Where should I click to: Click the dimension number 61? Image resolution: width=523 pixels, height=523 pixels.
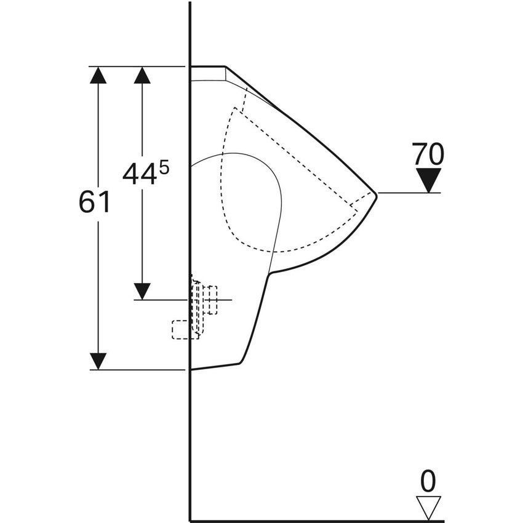(94, 202)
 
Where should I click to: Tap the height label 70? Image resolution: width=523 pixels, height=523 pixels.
(428, 154)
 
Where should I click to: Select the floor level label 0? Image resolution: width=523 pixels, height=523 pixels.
(428, 481)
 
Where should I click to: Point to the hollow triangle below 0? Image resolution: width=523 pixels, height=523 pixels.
(429, 508)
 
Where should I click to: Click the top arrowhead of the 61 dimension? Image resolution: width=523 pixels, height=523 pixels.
(98, 75)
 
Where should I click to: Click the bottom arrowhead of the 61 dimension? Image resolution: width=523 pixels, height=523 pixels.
(98, 361)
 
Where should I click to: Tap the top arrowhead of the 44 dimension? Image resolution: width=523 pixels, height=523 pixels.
(142, 75)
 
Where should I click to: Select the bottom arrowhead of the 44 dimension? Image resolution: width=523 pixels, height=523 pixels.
(142, 291)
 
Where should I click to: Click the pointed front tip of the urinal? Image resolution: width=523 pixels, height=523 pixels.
(377, 195)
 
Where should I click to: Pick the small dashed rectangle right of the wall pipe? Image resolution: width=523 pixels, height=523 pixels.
(212, 300)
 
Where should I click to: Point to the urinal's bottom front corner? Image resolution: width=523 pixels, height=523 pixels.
(240, 363)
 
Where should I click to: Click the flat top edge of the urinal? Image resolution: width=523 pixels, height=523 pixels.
(208, 66)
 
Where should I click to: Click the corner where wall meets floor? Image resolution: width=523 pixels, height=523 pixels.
(190, 521)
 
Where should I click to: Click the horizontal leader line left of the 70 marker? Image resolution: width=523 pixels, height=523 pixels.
(409, 193)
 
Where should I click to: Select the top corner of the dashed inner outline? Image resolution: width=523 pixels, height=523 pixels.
(235, 108)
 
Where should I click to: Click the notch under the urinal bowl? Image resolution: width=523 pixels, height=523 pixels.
(269, 273)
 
